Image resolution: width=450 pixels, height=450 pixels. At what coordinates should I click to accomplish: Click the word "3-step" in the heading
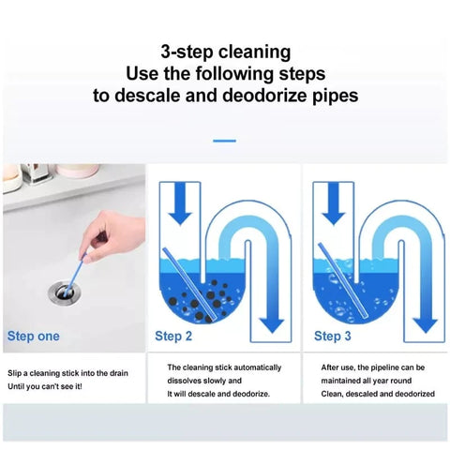tap(187, 52)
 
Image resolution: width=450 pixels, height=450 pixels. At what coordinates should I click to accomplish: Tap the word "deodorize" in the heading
tap(265, 96)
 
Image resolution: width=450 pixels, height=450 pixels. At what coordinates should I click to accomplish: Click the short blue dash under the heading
tap(224, 141)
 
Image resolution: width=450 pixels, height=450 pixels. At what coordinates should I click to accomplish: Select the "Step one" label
tap(33, 337)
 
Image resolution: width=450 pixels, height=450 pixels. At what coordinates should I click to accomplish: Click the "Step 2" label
tap(173, 337)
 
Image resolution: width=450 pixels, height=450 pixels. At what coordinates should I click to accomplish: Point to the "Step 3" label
tap(333, 337)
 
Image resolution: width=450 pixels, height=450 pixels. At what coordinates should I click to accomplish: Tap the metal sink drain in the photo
tap(65, 292)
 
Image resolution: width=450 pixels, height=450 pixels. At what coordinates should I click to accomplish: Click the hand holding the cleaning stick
tap(112, 236)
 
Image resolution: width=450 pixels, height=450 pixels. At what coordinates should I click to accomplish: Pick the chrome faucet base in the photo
tap(37, 173)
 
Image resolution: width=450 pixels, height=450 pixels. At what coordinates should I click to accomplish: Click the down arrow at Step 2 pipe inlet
tap(180, 203)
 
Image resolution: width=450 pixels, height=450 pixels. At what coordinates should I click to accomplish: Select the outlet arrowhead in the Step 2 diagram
tap(272, 325)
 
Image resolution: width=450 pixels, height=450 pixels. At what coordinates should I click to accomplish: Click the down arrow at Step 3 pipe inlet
tap(334, 203)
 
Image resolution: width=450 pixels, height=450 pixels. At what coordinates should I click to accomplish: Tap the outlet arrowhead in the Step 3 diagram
tap(426, 325)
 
